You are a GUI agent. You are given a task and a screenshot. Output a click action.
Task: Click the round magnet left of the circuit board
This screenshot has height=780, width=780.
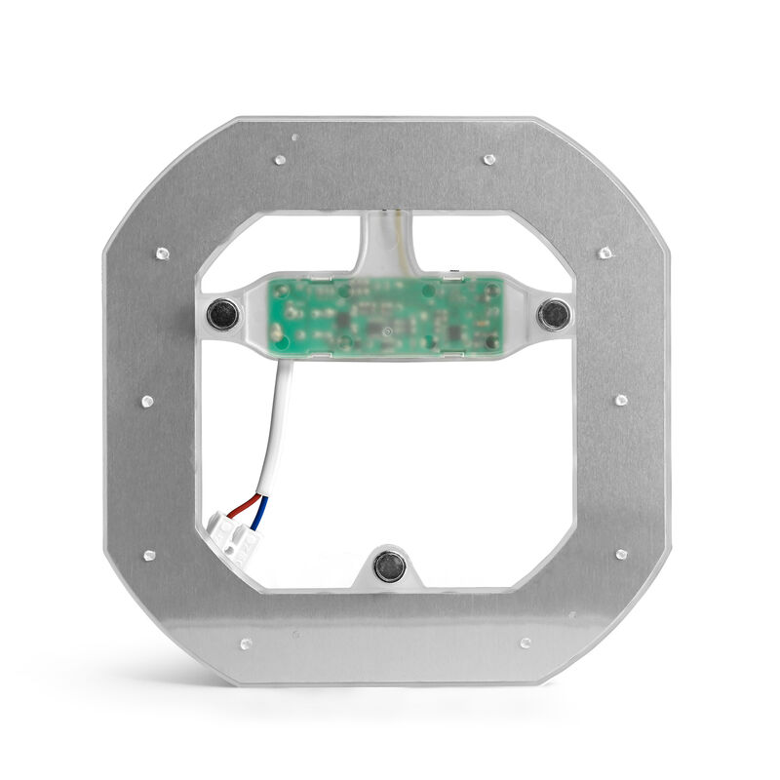[x=223, y=313]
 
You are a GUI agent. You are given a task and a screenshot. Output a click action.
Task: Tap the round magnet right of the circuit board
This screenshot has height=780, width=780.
[x=555, y=313]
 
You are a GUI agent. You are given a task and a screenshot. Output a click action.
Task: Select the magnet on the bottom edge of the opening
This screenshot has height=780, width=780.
[x=389, y=565]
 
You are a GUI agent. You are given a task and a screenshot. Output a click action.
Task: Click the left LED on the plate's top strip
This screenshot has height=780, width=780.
[x=280, y=158]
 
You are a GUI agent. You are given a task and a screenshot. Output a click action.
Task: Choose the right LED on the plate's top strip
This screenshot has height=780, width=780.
[x=490, y=158]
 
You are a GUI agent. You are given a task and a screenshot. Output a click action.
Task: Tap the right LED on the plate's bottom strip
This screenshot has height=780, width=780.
[x=526, y=643]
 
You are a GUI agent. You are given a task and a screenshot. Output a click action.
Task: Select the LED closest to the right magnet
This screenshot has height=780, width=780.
[x=605, y=253]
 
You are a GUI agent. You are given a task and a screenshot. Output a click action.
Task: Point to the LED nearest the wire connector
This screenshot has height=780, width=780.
[x=149, y=555]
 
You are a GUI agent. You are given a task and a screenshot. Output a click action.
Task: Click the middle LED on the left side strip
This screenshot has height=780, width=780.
[x=148, y=402]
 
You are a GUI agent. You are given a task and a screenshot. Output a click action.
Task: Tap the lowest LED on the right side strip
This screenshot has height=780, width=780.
[x=621, y=554]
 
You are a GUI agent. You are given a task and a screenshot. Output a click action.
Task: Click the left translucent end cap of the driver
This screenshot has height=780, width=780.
[x=252, y=314]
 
